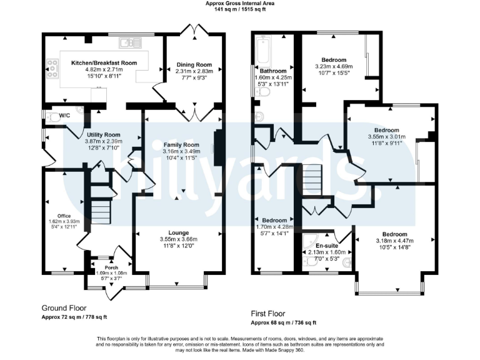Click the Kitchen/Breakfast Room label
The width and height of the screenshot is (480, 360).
tap(103, 63)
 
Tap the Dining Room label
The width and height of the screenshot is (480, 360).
tap(193, 64)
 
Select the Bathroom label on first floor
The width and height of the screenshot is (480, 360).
tap(272, 71)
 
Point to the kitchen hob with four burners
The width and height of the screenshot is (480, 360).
tap(51, 68)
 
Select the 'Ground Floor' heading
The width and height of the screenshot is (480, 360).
tap(64, 308)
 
